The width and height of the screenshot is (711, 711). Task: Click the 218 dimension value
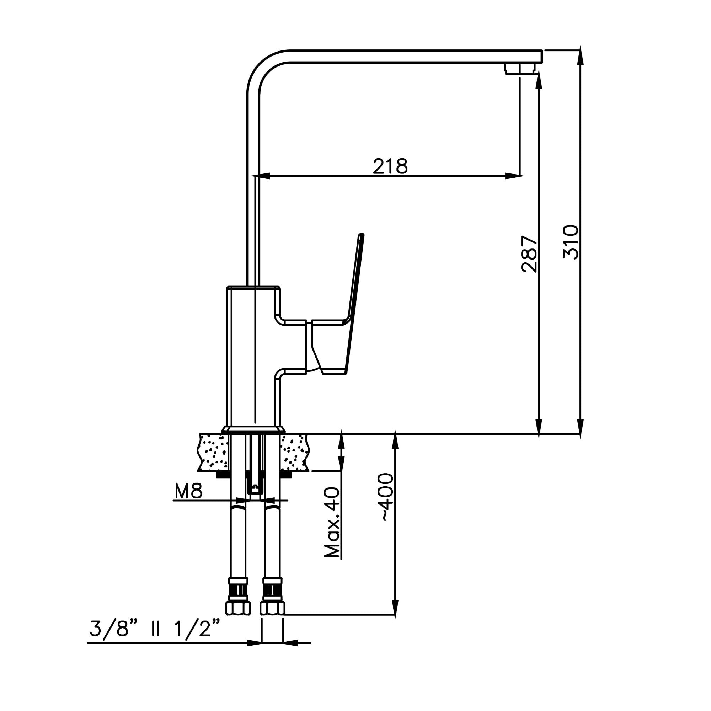(390, 166)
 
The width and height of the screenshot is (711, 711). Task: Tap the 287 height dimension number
(529, 254)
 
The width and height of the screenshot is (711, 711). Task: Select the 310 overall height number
(571, 242)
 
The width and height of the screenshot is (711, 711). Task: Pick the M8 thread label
(188, 491)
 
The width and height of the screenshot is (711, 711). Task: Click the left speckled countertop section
(213, 452)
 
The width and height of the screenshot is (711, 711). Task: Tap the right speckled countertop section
(294, 452)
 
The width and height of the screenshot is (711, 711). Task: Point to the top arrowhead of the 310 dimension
(581, 55)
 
